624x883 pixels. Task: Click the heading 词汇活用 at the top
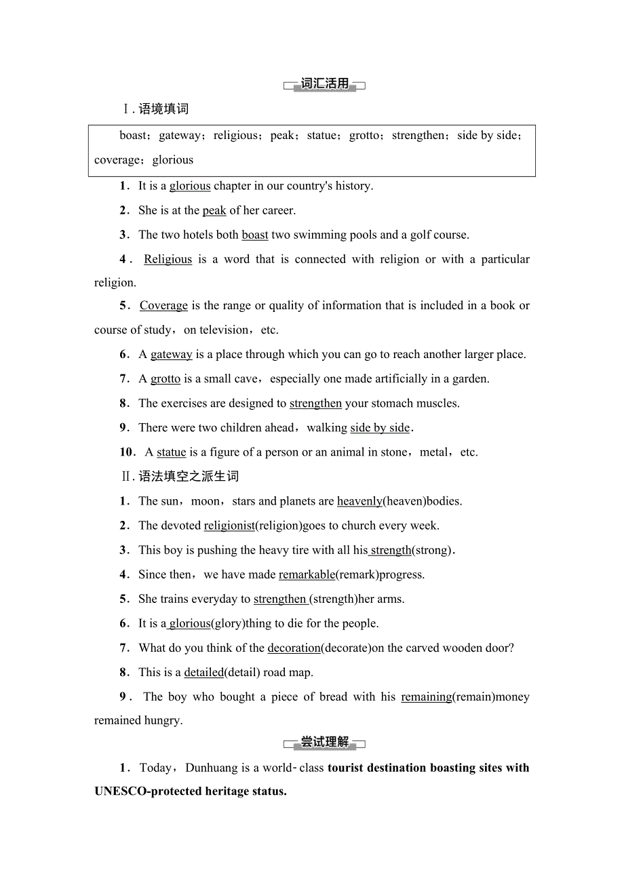tap(324, 84)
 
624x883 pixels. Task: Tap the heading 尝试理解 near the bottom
tap(324, 743)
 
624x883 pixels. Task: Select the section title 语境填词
tap(163, 109)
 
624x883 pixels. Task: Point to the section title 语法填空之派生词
tap(188, 477)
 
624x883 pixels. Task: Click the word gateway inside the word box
tap(180, 136)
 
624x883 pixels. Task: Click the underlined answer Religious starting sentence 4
tap(168, 259)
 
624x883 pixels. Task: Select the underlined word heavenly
tap(359, 501)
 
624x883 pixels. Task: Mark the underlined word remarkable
tap(307, 574)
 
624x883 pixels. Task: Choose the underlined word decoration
tap(294, 648)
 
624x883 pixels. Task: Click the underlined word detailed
tap(203, 672)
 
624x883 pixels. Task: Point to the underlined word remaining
tap(426, 696)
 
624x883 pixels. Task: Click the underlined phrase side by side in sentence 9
tap(380, 428)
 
